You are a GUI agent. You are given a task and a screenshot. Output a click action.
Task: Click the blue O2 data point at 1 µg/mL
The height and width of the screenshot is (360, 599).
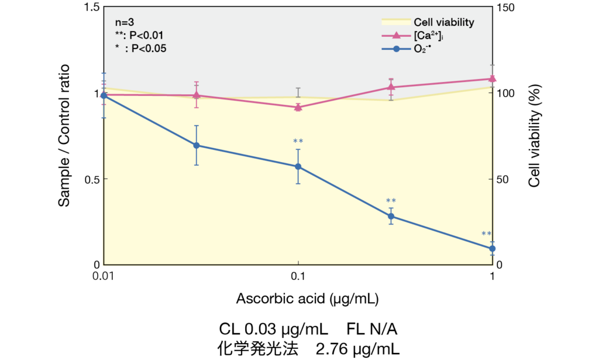(x=493, y=248)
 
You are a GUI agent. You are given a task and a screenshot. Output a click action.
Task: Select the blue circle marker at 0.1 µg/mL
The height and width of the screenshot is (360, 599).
(x=298, y=166)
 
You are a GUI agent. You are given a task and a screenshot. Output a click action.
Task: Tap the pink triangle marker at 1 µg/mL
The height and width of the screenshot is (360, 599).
(x=493, y=78)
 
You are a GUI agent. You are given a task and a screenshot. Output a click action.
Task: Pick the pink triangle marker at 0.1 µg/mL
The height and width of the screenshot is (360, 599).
(x=298, y=107)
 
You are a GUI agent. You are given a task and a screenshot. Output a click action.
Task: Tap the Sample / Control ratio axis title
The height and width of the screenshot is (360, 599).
(x=64, y=136)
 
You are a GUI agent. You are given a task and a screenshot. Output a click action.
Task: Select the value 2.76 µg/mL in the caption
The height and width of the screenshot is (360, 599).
(x=358, y=349)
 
